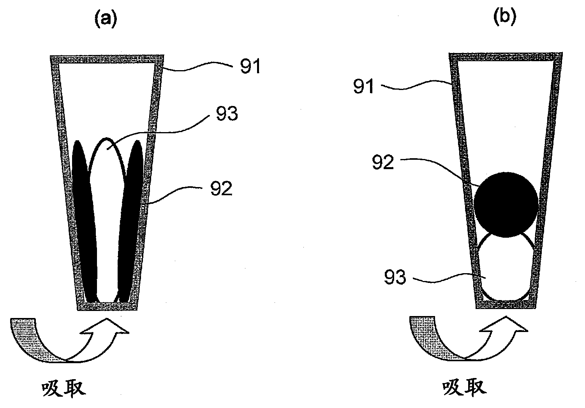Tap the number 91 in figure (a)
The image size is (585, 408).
click(x=250, y=66)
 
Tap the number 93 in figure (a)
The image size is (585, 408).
click(x=227, y=114)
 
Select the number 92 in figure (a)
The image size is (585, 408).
click(x=221, y=189)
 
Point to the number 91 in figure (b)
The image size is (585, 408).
click(x=363, y=86)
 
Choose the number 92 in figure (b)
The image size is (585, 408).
click(x=383, y=162)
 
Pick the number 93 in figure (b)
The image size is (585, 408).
click(x=395, y=277)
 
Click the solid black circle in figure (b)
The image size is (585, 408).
click(x=506, y=205)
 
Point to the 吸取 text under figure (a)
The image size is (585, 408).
click(x=64, y=389)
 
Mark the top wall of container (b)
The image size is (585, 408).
click(x=506, y=57)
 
